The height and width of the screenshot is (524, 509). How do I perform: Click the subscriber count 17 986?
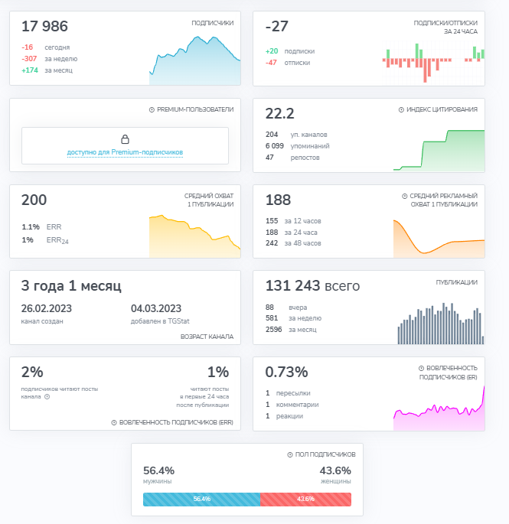[44, 27]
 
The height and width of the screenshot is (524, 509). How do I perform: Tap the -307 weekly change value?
[29, 58]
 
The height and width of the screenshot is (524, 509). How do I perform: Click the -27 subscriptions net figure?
[276, 27]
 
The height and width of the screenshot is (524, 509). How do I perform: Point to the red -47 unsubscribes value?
[271, 63]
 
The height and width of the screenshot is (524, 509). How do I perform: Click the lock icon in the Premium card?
[125, 139]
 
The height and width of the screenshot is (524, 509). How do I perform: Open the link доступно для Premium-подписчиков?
[125, 152]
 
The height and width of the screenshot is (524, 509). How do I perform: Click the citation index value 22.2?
[279, 114]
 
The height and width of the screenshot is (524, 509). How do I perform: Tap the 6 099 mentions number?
[275, 145]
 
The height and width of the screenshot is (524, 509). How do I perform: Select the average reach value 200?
[34, 200]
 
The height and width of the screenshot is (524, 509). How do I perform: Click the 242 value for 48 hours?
[272, 243]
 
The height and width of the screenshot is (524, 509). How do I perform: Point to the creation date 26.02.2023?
[47, 309]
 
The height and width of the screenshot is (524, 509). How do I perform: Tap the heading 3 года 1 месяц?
[71, 286]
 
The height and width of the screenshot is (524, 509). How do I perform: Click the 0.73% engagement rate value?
[286, 373]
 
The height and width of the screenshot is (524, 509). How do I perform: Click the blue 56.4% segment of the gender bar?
[201, 499]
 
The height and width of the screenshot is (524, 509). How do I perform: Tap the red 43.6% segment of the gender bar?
[305, 499]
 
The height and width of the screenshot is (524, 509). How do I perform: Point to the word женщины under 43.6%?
[335, 482]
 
